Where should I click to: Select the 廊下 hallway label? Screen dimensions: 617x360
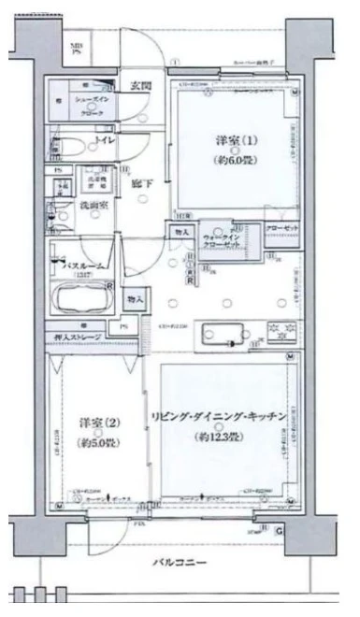click(x=143, y=183)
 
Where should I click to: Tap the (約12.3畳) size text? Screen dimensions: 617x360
click(x=224, y=437)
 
